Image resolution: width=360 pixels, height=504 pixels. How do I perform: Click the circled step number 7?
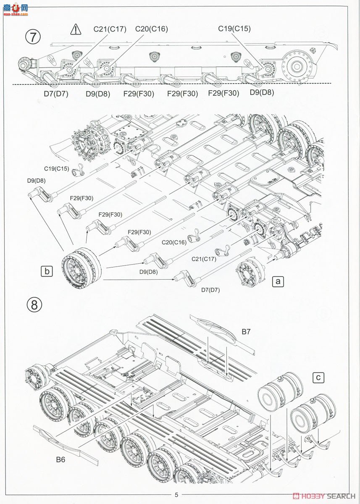tap(33, 37)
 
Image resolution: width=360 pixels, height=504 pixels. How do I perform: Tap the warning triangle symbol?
tap(75, 29)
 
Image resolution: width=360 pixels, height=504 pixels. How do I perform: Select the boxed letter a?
tap(278, 281)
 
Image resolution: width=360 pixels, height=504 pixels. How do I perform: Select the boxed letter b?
tap(47, 271)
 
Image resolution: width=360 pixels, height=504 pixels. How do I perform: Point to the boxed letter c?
tap(319, 378)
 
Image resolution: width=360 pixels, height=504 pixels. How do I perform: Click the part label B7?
tap(246, 332)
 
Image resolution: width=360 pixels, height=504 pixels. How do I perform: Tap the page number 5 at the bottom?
tap(176, 494)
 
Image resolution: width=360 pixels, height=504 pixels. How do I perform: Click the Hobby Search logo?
tap(323, 495)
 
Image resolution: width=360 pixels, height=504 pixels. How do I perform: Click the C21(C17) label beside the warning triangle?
tap(110, 29)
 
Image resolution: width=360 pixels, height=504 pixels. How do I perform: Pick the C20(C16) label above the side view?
tap(151, 29)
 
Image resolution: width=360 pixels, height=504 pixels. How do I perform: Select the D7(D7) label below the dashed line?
tap(56, 94)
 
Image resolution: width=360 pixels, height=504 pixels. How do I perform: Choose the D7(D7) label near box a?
tap(210, 290)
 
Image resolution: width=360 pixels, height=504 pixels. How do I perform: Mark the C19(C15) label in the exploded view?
tap(57, 169)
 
